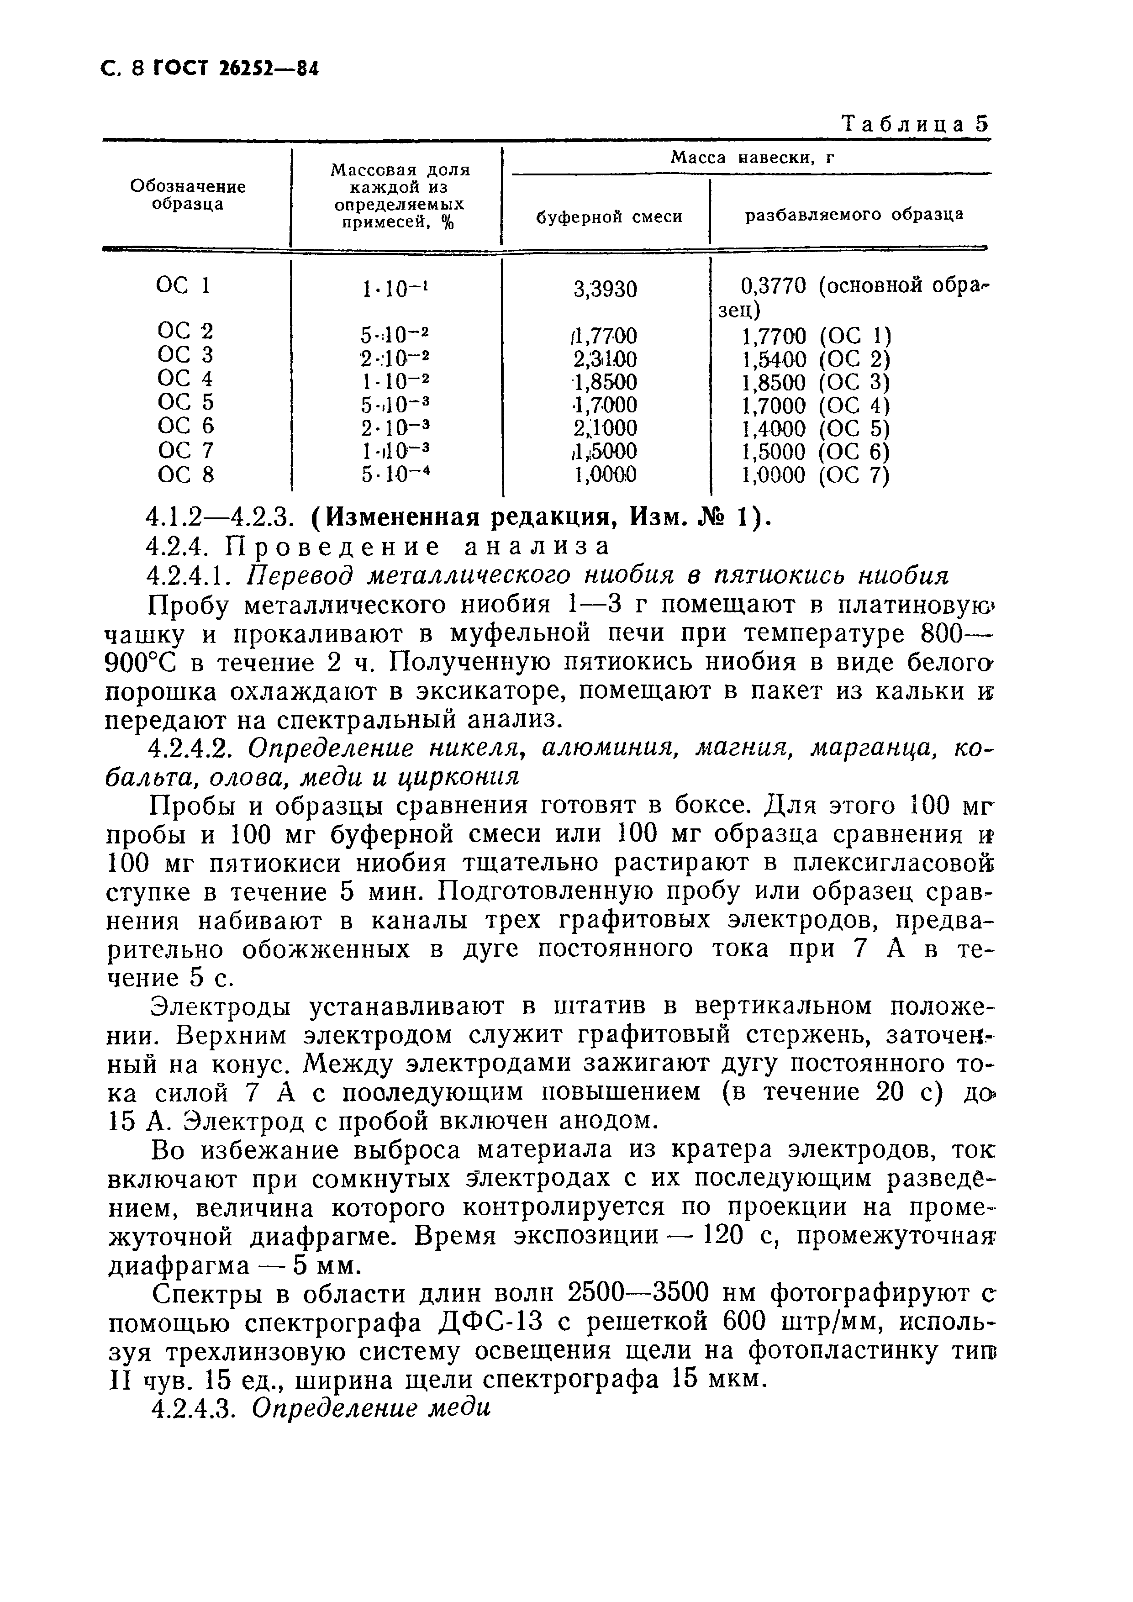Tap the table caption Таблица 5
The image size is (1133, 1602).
915,124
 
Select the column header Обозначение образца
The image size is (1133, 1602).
188,195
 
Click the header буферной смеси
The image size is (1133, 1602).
608,217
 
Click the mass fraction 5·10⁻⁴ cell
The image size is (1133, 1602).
394,475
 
